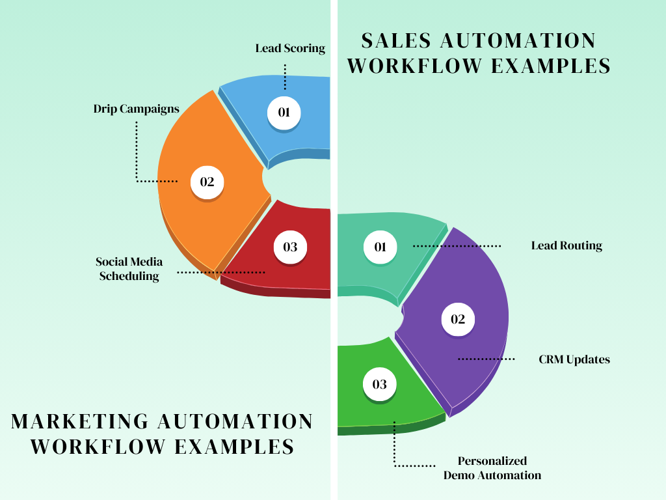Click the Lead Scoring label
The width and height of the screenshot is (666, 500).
(289, 48)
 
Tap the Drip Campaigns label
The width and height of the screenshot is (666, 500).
(136, 109)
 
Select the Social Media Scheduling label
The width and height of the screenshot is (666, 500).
(129, 269)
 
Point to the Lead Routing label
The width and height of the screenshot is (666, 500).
(566, 246)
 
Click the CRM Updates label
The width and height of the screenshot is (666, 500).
(574, 359)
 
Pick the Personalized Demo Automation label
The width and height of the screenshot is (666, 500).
(492, 468)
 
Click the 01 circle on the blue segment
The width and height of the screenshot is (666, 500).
(284, 113)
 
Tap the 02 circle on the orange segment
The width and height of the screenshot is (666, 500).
(207, 182)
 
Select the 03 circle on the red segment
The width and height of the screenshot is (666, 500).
(290, 247)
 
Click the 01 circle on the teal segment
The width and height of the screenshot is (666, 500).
(380, 247)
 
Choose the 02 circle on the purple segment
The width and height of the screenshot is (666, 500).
(458, 319)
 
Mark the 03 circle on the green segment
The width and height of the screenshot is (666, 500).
(380, 384)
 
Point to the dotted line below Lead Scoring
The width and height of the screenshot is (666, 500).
(285, 76)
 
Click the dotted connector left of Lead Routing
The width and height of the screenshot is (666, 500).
(457, 246)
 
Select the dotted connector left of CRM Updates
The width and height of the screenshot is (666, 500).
(486, 359)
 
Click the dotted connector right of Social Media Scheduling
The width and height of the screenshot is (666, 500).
(221, 271)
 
